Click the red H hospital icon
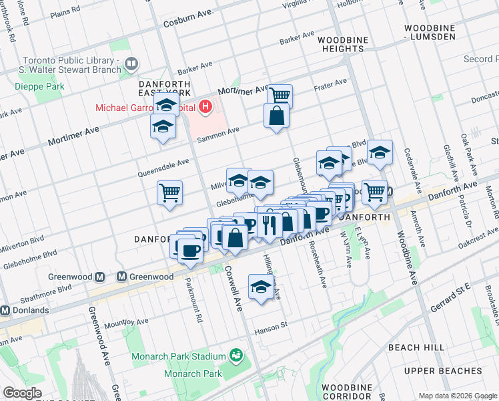[x=206, y=106]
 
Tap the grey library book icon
[x=131, y=64]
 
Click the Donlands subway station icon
[x=5, y=310]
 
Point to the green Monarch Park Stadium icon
[x=235, y=355]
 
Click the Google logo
[x=22, y=393]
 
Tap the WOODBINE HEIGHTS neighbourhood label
[x=342, y=45]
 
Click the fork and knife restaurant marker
[x=270, y=224]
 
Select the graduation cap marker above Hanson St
[x=260, y=287]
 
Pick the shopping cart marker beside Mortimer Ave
[x=280, y=95]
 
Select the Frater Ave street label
[x=332, y=84]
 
